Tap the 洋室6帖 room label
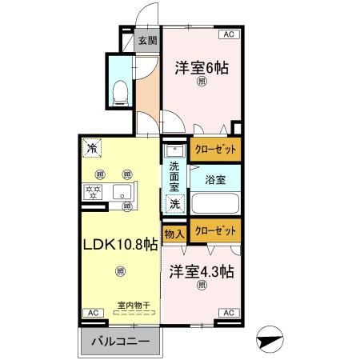(x=202, y=69)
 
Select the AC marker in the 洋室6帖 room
(x=229, y=34)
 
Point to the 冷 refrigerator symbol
(x=92, y=148)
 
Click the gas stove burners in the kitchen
(x=92, y=192)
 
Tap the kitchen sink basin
(x=124, y=192)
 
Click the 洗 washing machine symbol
(x=174, y=204)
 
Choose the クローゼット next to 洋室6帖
(x=215, y=149)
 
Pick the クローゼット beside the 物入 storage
(x=215, y=232)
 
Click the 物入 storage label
(x=174, y=234)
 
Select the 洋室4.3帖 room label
(x=202, y=271)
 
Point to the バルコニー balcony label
(x=119, y=341)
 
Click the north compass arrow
(x=270, y=340)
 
